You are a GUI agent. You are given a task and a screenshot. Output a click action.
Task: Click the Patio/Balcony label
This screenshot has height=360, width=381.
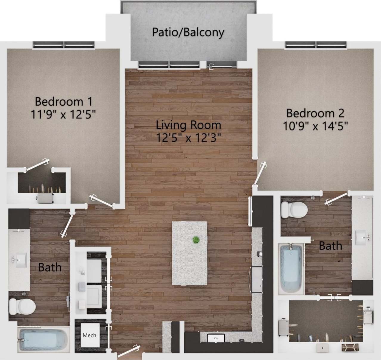188,32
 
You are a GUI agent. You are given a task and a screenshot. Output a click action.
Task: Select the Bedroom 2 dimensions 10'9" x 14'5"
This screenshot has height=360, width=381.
316,126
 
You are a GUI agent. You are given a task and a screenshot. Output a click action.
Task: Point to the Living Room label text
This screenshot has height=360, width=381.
189,125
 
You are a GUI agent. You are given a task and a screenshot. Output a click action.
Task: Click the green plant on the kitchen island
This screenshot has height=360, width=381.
196,240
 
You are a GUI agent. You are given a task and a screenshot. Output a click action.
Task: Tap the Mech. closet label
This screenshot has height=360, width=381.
90,335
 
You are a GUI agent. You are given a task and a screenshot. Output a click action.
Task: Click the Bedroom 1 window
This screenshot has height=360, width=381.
63,45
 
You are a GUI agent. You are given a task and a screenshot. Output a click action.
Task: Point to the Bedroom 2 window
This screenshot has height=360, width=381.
316,45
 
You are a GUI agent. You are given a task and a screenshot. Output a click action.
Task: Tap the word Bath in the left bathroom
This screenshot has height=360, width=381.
50,267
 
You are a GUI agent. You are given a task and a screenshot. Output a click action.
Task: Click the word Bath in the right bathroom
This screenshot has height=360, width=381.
330,246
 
